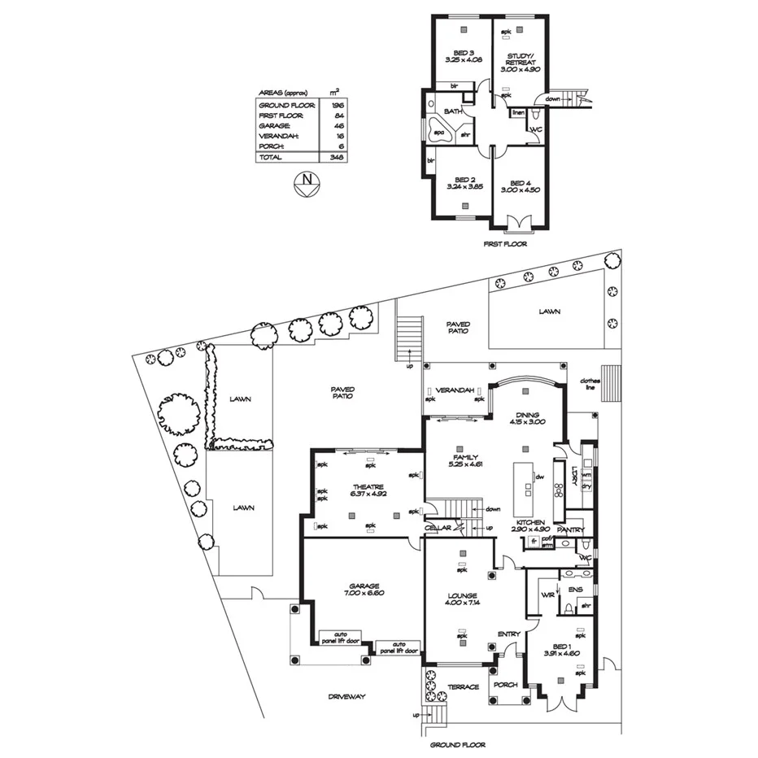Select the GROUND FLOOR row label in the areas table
pyautogui.click(x=281, y=106)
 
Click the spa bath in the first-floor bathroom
pyautogui.click(x=439, y=133)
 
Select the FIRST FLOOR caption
pyautogui.click(x=504, y=243)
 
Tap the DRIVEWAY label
pyautogui.click(x=347, y=697)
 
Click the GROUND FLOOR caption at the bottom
pyautogui.click(x=457, y=745)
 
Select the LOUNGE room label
pyautogui.click(x=461, y=600)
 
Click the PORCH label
pyautogui.click(x=505, y=685)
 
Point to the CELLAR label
pyautogui.click(x=438, y=528)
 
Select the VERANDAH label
pyautogui.click(x=455, y=391)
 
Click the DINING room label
pyautogui.click(x=526, y=418)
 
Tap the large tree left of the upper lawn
pyautogui.click(x=177, y=408)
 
